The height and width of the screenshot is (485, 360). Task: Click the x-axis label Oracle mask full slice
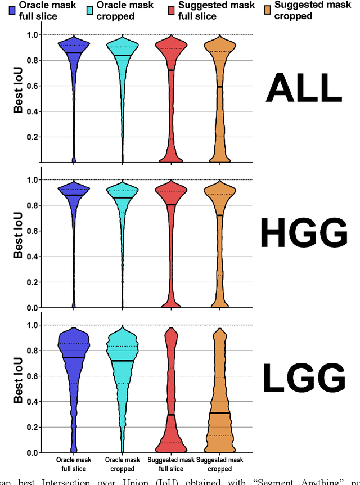point(74,465)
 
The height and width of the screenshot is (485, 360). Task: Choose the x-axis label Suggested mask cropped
point(220,465)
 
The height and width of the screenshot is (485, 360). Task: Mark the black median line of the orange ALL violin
point(220,87)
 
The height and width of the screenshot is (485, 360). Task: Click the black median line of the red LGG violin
point(171,415)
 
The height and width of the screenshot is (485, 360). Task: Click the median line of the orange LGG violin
point(220,413)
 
